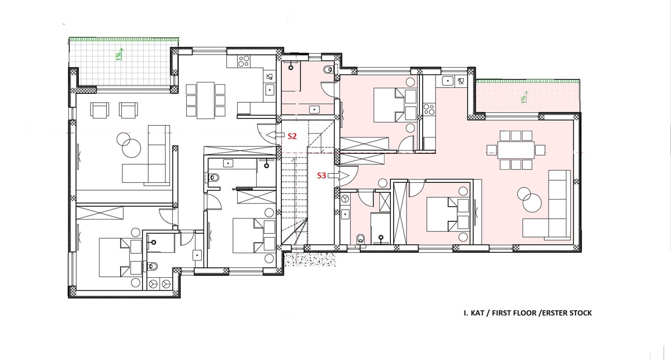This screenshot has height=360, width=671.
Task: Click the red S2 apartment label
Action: coord(292,136)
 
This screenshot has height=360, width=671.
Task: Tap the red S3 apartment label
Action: coord(322,176)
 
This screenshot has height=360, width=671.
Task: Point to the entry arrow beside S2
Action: coord(275,135)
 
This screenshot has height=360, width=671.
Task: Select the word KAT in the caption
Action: coord(478,313)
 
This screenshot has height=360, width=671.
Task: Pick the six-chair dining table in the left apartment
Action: coord(206,100)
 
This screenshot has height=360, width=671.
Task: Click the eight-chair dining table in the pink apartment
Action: coord(516,150)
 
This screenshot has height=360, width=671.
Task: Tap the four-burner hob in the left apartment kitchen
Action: coord(243,61)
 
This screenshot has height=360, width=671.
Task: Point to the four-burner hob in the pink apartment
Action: coord(429,109)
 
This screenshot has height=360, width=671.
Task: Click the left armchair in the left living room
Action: coord(100,110)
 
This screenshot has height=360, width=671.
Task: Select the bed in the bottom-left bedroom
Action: coord(120,258)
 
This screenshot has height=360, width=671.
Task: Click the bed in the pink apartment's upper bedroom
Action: coord(395,105)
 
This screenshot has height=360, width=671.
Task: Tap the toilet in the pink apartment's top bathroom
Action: coord(328,70)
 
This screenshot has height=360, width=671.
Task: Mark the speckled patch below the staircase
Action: coord(310,259)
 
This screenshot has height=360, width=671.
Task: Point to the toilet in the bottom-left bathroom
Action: coord(153,266)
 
